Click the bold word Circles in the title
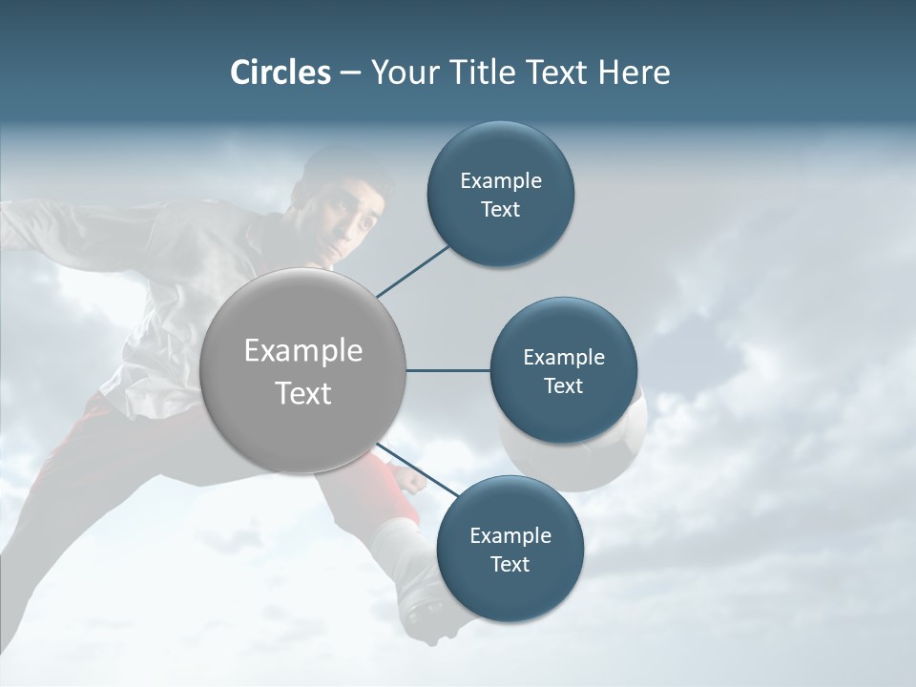(x=281, y=73)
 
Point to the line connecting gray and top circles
(x=412, y=271)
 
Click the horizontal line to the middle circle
(x=448, y=371)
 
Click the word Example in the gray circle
(x=303, y=351)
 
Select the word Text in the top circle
(x=500, y=210)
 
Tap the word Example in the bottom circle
(x=510, y=535)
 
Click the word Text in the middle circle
(x=563, y=386)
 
